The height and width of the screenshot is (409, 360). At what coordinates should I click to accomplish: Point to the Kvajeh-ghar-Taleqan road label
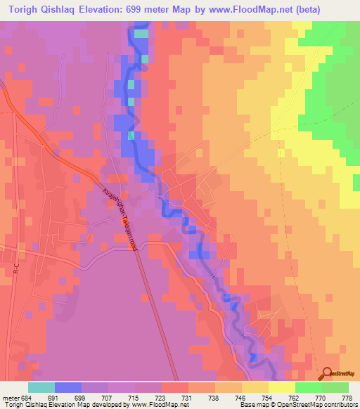(119, 219)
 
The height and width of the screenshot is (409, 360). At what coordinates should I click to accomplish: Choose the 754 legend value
(256, 398)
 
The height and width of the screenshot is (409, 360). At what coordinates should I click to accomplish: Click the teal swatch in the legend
(41, 387)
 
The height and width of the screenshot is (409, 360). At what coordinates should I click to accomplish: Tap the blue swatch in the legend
(68, 387)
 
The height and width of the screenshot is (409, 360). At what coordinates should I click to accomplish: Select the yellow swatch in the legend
(282, 387)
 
